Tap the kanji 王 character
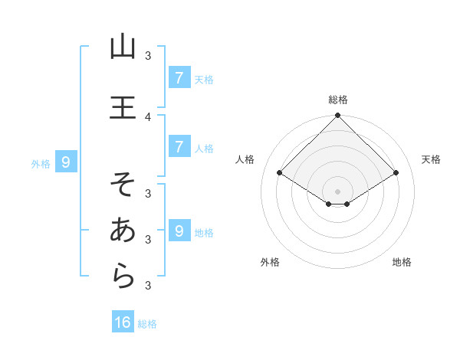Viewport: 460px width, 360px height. [x=123, y=106]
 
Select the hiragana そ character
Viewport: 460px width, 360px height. [x=123, y=184]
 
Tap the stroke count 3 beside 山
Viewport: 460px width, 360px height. [x=148, y=56]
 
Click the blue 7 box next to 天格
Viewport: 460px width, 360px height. [x=179, y=77]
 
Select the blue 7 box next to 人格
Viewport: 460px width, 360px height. [x=179, y=146]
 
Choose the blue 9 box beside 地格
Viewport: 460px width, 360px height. [x=179, y=231]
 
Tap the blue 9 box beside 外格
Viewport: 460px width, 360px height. [x=66, y=162]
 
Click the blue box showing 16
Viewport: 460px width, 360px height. [x=123, y=322]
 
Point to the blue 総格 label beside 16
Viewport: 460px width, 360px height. [x=147, y=324]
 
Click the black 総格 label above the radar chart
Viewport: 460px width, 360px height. [x=338, y=100]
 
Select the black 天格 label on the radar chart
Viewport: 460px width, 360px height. [x=432, y=159]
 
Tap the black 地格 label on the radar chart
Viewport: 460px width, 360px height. [x=402, y=262]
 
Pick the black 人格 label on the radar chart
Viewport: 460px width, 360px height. [x=245, y=159]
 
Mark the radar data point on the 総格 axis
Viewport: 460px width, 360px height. [x=338, y=116]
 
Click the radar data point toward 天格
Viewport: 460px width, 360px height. [x=396, y=173]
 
